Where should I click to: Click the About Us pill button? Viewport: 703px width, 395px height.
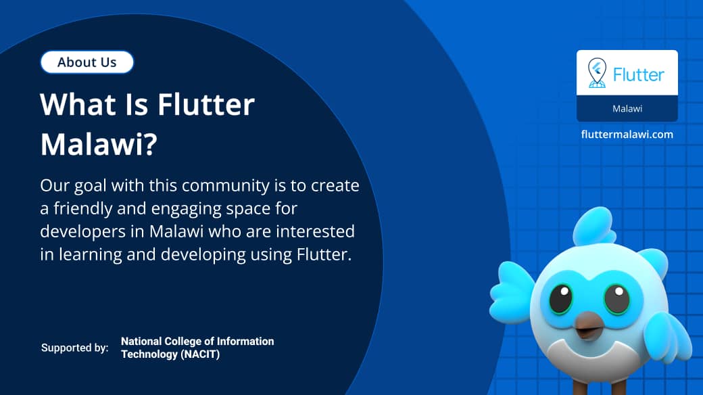point(87,62)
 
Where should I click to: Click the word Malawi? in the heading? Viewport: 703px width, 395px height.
point(99,145)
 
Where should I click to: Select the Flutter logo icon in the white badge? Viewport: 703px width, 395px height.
point(597,73)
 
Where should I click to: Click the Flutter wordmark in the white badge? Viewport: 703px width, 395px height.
point(639,74)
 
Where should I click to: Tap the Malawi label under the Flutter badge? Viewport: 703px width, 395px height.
point(627,108)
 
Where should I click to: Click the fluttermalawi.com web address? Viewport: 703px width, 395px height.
point(627,134)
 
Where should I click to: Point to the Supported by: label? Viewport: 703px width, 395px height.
point(74,348)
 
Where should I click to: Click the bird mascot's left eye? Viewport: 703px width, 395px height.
point(560,298)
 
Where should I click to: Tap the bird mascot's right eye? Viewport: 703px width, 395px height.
point(616,298)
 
